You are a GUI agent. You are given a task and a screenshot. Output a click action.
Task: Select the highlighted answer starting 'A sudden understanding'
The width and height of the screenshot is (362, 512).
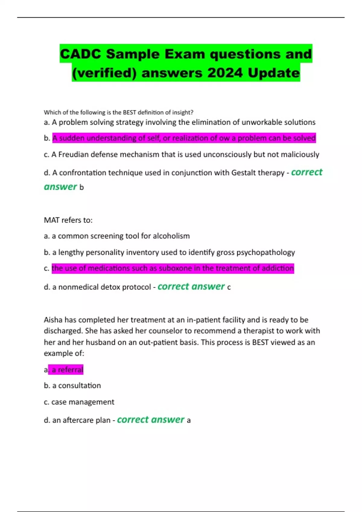pyautogui.click(x=184, y=138)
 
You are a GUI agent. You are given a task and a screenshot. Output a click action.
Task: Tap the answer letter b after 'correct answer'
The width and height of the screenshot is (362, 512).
pyautogui.click(x=81, y=187)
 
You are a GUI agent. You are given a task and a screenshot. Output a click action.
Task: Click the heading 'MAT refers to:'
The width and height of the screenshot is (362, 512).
pyautogui.click(x=68, y=220)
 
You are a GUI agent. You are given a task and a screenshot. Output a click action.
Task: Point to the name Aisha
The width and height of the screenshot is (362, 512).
pyautogui.click(x=53, y=320)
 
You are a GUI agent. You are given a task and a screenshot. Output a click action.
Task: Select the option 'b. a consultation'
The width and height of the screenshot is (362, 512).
pyautogui.click(x=72, y=386)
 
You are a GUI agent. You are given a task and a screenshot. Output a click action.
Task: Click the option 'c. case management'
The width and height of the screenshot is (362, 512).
pyautogui.click(x=79, y=402)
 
